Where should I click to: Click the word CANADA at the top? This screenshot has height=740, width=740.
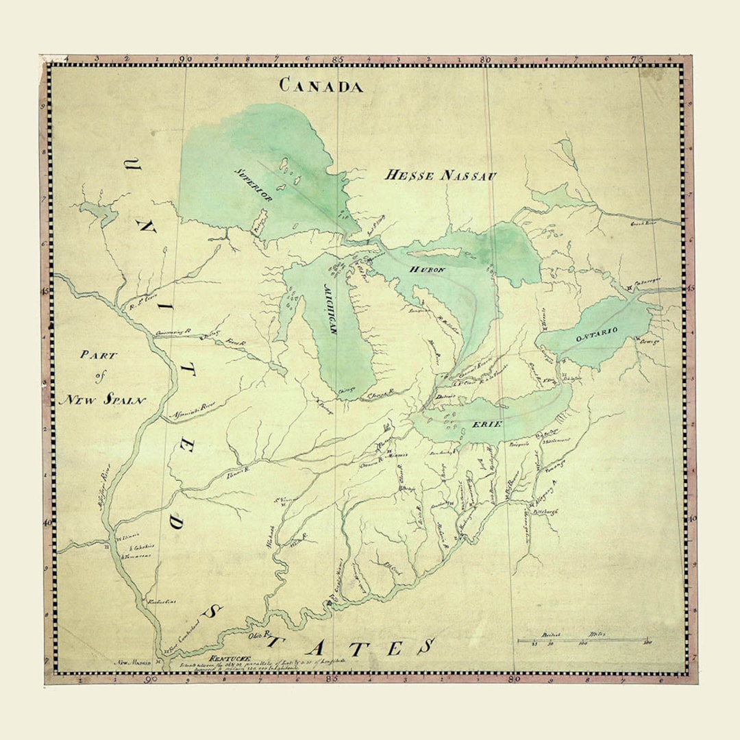pyautogui.click(x=321, y=86)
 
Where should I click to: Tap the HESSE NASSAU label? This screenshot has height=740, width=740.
pyautogui.click(x=440, y=175)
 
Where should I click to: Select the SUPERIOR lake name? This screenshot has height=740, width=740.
pyautogui.click(x=255, y=184)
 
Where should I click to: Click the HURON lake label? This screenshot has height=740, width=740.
pyautogui.click(x=428, y=270)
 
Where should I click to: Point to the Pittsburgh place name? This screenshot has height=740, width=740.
pyautogui.click(x=546, y=510)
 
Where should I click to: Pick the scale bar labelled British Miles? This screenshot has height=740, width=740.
pyautogui.click(x=582, y=641)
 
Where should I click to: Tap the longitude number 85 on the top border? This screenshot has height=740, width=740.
pyautogui.click(x=338, y=60)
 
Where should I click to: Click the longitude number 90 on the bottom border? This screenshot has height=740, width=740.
pyautogui.click(x=150, y=682)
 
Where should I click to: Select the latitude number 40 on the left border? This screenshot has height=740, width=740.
pyautogui.click(x=47, y=521)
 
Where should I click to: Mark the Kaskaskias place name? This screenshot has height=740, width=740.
pyautogui.click(x=162, y=602)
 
